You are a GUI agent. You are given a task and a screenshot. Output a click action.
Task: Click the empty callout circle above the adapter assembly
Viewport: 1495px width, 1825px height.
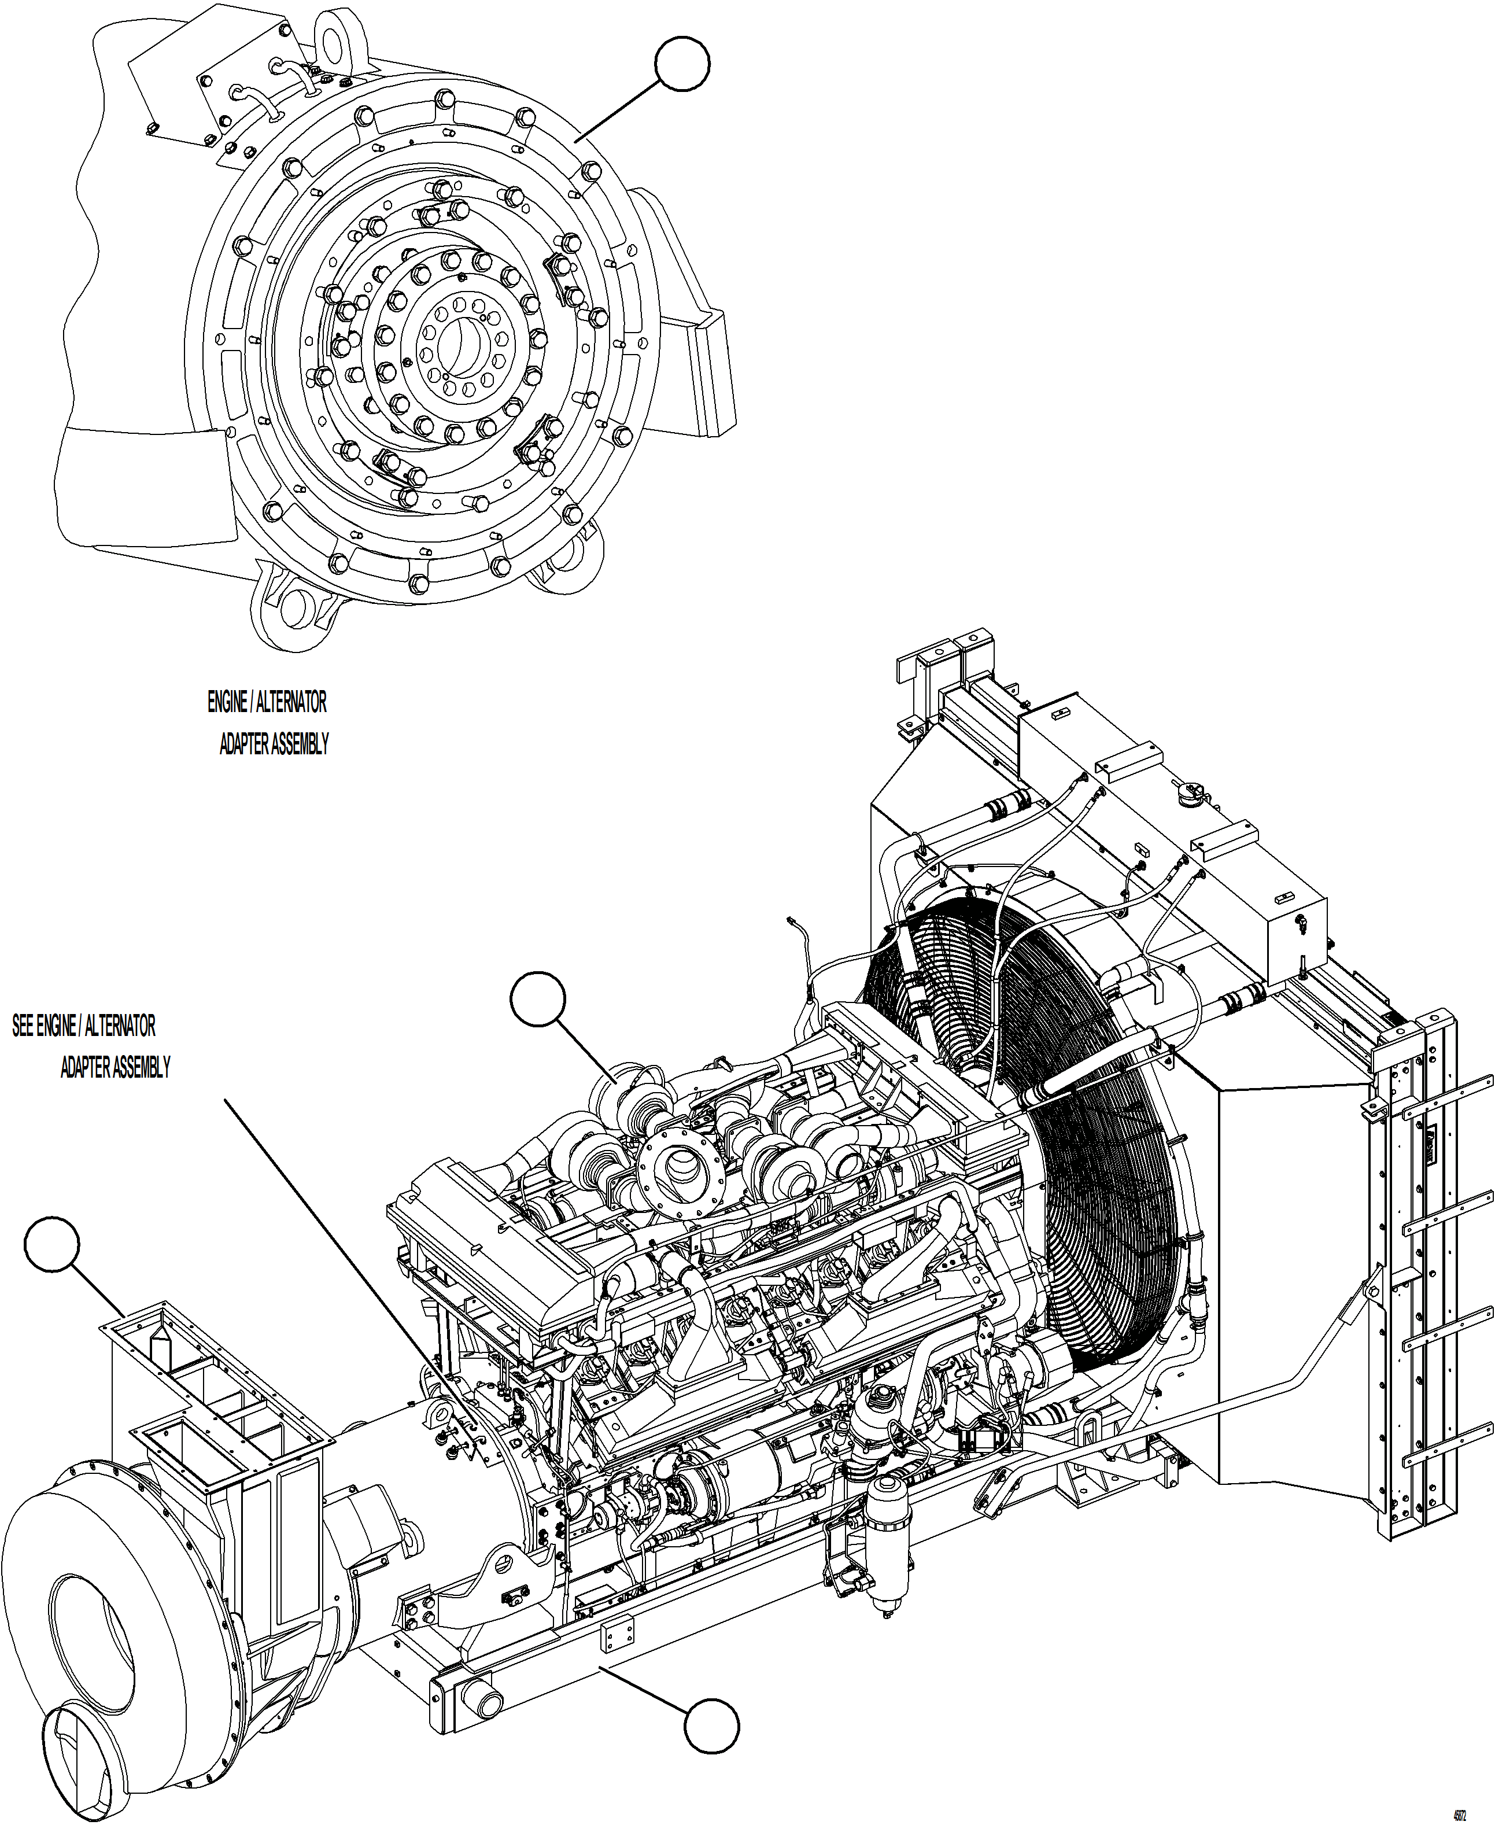[x=682, y=63]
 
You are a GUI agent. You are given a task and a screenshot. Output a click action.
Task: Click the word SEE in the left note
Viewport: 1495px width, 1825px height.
[x=23, y=1026]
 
